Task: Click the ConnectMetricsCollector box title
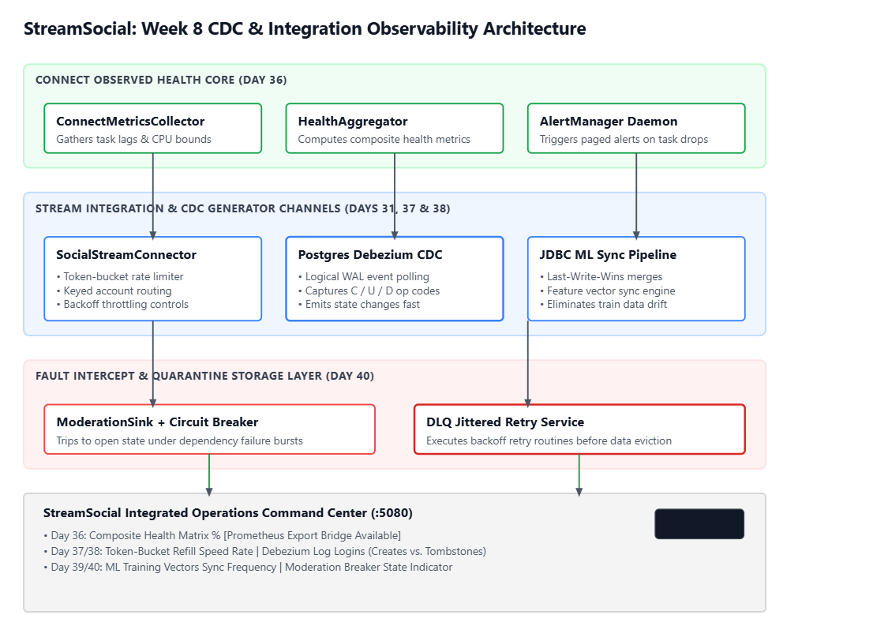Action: click(130, 122)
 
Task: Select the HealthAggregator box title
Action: click(353, 122)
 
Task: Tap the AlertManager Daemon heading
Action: click(609, 122)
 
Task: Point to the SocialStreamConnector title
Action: click(126, 255)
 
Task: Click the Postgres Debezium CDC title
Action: click(370, 255)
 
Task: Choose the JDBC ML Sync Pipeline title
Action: click(608, 255)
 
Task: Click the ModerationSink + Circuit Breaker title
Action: click(157, 422)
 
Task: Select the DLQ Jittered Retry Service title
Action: click(505, 422)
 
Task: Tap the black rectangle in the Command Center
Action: click(699, 524)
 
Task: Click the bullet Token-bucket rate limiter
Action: click(120, 276)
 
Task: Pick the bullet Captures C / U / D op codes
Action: click(369, 291)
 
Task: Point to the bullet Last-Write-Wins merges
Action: click(601, 276)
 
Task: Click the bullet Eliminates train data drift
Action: click(603, 304)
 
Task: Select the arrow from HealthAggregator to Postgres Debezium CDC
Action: click(395, 196)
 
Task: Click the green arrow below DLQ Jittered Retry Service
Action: click(579, 475)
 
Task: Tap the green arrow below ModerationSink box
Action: click(209, 475)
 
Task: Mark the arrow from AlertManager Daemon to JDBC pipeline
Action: click(636, 196)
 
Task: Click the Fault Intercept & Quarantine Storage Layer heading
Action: click(204, 376)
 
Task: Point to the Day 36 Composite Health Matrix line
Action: click(222, 535)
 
